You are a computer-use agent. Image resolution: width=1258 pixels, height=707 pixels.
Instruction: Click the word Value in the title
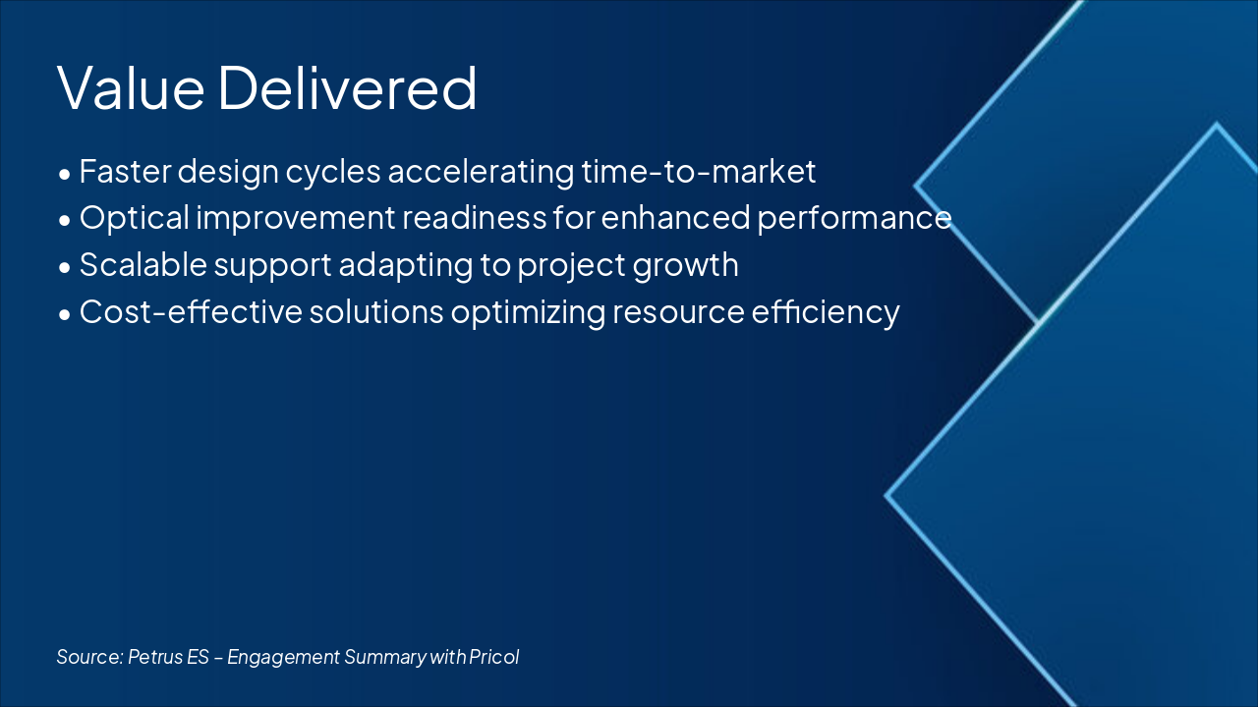(x=131, y=87)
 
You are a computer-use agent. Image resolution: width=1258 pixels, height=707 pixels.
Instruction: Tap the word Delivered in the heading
(x=348, y=87)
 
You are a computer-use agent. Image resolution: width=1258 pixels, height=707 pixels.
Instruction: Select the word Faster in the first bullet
(x=125, y=171)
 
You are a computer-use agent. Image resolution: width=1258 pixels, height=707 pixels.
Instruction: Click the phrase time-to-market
(x=698, y=171)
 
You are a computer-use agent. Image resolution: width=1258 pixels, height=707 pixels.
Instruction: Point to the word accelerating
(x=481, y=172)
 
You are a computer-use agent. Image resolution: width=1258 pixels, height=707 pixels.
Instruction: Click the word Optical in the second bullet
(x=135, y=218)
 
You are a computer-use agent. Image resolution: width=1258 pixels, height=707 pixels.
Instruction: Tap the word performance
(x=854, y=218)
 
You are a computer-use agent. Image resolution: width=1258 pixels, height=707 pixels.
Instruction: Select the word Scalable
(x=143, y=264)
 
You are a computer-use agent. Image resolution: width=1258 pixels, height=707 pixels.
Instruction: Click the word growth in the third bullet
(x=685, y=265)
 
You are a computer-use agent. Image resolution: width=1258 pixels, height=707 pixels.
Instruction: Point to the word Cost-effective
(x=191, y=311)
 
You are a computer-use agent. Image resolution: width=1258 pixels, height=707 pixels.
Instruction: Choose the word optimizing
(x=528, y=312)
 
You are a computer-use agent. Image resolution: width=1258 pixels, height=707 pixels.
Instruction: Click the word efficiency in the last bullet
(x=826, y=312)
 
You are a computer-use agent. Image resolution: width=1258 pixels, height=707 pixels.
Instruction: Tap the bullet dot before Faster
(x=65, y=175)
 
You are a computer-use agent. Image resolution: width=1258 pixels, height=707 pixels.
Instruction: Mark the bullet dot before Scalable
(x=65, y=268)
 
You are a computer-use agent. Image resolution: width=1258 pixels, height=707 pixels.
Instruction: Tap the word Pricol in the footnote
(x=493, y=657)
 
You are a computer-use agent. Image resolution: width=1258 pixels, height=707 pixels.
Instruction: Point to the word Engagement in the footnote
(x=284, y=658)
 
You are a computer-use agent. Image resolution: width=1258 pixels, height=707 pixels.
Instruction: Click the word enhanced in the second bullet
(x=675, y=218)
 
